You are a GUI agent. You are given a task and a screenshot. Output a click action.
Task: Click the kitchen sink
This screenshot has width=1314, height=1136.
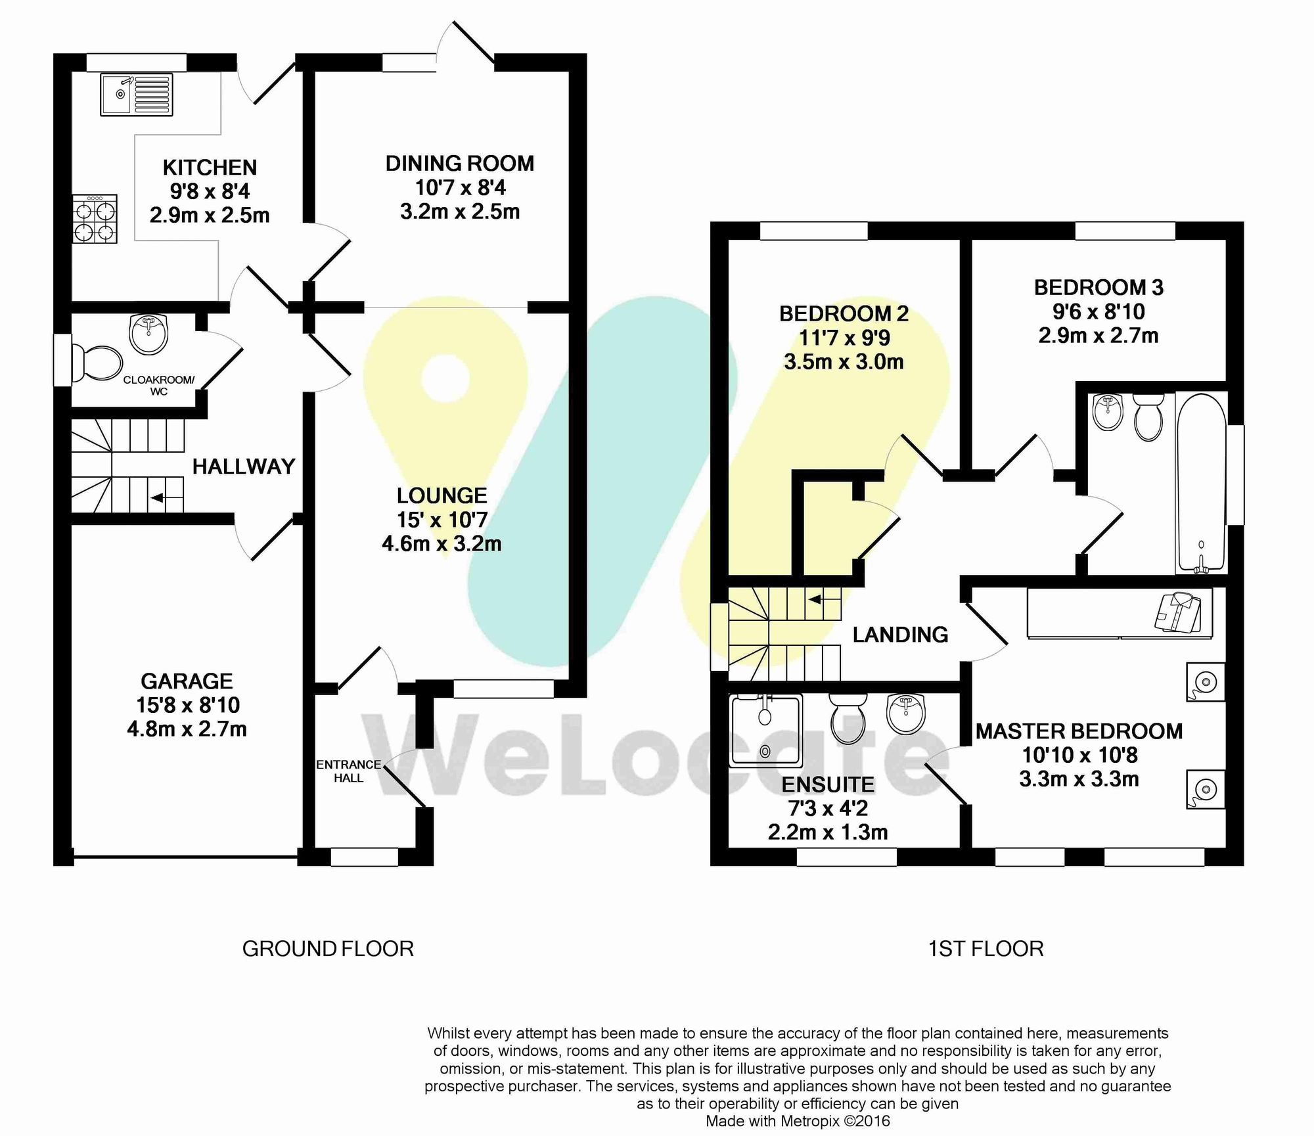click(137, 95)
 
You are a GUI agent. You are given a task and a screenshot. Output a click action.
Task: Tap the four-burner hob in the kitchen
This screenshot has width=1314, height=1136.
click(95, 219)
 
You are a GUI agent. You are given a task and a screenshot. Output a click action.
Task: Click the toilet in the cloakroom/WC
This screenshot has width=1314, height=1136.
click(97, 363)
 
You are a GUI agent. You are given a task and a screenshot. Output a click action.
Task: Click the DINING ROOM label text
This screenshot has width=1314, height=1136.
click(459, 163)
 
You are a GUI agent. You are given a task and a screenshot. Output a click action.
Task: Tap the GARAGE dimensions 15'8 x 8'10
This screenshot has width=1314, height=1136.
click(188, 705)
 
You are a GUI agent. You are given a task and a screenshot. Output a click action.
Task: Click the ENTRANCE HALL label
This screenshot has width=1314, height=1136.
click(348, 771)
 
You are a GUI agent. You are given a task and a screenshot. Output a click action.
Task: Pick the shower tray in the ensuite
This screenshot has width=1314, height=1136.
click(765, 731)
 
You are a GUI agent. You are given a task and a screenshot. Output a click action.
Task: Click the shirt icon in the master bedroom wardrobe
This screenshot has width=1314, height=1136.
click(1177, 611)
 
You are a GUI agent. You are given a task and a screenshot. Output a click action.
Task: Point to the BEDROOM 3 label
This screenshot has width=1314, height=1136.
click(1099, 287)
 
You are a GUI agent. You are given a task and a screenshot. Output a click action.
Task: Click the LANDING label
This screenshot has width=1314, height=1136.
click(900, 634)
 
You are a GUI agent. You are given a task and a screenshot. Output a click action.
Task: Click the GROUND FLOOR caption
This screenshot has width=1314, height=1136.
click(328, 949)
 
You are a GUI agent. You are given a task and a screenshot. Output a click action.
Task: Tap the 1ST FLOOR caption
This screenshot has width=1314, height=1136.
click(985, 949)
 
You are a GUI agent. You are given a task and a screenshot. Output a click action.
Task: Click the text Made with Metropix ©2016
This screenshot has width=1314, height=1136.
click(798, 1121)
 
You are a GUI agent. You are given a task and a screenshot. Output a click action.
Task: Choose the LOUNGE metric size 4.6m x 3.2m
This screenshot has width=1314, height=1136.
click(442, 544)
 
